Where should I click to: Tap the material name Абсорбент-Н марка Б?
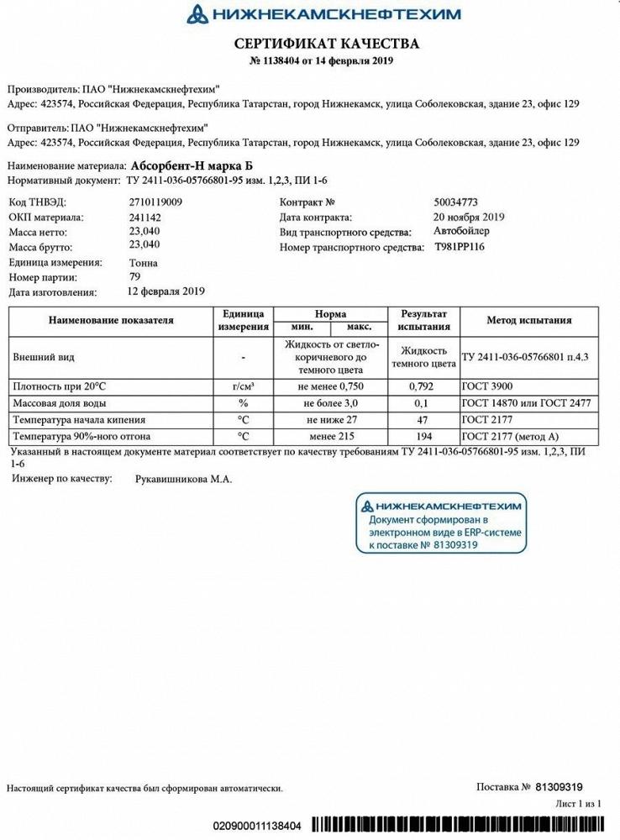tap(186, 165)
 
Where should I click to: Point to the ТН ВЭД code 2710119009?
tap(155, 202)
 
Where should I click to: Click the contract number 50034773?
tap(456, 202)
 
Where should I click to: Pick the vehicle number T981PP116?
tap(460, 247)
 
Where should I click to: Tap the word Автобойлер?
tap(462, 231)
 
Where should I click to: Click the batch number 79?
tap(134, 276)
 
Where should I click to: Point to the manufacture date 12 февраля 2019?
tap(166, 291)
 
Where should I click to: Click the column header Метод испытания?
tap(529, 320)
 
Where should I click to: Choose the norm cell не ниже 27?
tap(328, 420)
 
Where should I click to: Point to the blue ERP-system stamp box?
tap(441, 523)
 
